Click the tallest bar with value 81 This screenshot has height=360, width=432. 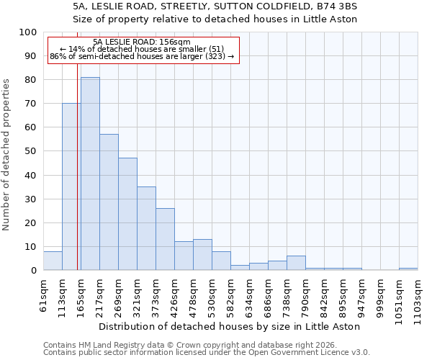pyautogui.click(x=90, y=174)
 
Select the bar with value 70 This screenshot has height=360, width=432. pyautogui.click(x=71, y=186)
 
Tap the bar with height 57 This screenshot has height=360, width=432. pyautogui.click(x=109, y=202)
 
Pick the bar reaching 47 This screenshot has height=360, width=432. pyautogui.click(x=127, y=214)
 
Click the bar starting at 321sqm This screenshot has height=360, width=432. pyautogui.click(x=146, y=228)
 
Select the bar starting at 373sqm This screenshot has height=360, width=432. pyautogui.click(x=165, y=239)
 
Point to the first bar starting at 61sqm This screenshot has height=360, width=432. pyautogui.click(x=53, y=261)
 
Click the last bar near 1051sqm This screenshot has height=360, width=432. pyautogui.click(x=408, y=269)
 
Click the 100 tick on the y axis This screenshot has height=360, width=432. pyautogui.click(x=28, y=32)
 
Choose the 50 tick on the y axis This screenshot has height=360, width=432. pyautogui.click(x=30, y=151)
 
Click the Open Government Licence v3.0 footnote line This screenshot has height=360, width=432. pyautogui.click(x=207, y=352)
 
